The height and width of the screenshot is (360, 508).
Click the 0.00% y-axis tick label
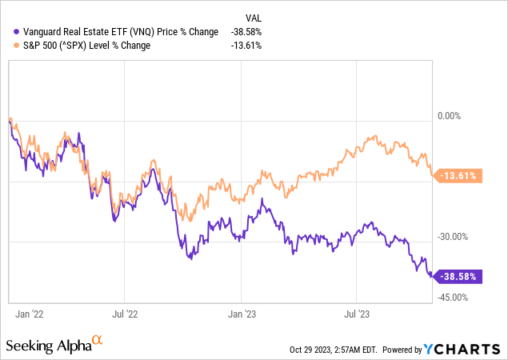pyautogui.click(x=450, y=117)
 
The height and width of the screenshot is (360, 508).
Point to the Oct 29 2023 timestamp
pyautogui.click(x=333, y=350)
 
